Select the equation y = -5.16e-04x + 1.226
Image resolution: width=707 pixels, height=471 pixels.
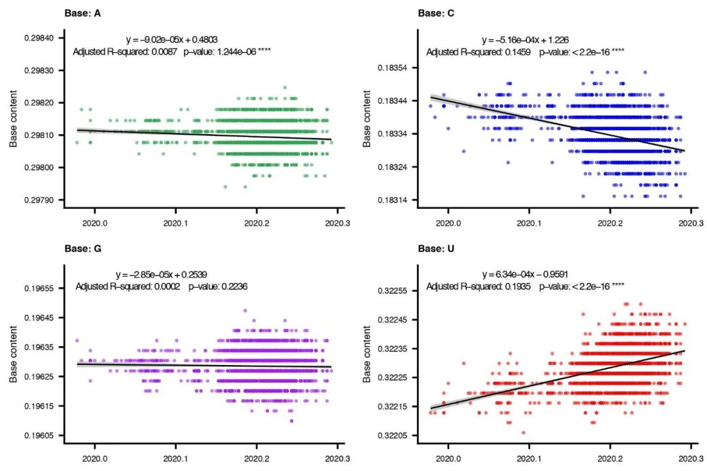(528, 40)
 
